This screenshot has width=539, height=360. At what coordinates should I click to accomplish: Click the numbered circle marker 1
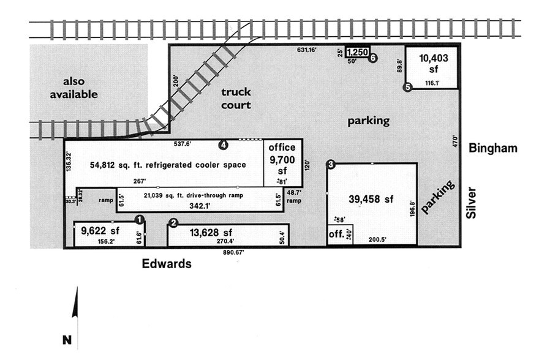139,219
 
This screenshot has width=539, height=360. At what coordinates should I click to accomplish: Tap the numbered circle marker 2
173,223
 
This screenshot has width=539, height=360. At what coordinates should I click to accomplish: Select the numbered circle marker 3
331,164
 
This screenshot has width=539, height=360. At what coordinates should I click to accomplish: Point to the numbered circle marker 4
224,145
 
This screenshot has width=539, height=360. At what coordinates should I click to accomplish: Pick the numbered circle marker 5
407,88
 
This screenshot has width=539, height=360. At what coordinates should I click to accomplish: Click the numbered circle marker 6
372,58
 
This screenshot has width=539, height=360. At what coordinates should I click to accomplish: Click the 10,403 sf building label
434,64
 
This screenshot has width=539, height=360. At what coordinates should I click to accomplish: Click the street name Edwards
167,264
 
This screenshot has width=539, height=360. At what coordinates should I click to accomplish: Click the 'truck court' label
236,99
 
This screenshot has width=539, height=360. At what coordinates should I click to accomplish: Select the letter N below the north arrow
67,339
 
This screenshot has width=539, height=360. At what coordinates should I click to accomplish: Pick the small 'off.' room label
336,234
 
